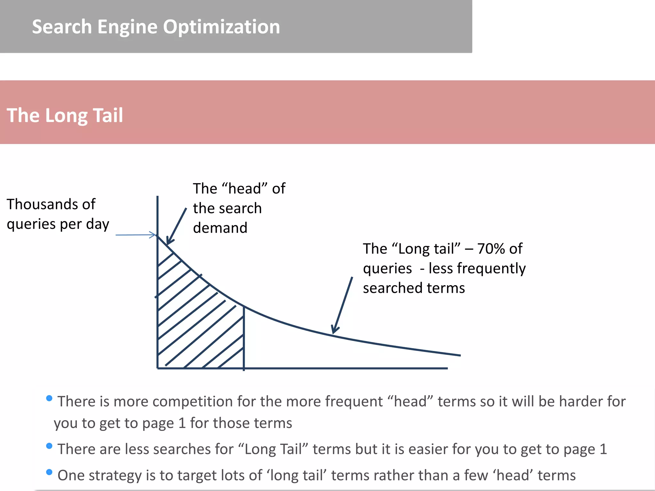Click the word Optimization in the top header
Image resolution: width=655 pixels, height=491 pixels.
(221, 27)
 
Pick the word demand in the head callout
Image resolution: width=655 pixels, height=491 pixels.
(220, 228)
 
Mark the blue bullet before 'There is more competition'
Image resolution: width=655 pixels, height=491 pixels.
(49, 398)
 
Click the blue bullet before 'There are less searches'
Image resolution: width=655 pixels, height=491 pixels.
(49, 446)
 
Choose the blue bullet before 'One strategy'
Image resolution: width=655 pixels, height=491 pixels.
(49, 472)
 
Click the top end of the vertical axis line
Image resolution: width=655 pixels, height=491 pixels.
(157, 197)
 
